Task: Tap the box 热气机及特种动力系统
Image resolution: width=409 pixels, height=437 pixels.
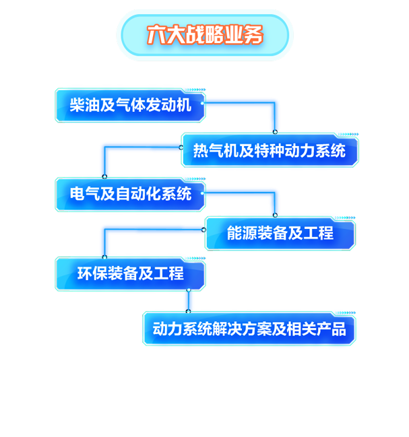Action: [269, 150]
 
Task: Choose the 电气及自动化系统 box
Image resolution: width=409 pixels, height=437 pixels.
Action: [130, 195]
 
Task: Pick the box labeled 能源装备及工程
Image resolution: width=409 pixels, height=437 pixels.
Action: [280, 234]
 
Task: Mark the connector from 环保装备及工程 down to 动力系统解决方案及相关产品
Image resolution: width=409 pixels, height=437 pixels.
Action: [189, 300]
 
